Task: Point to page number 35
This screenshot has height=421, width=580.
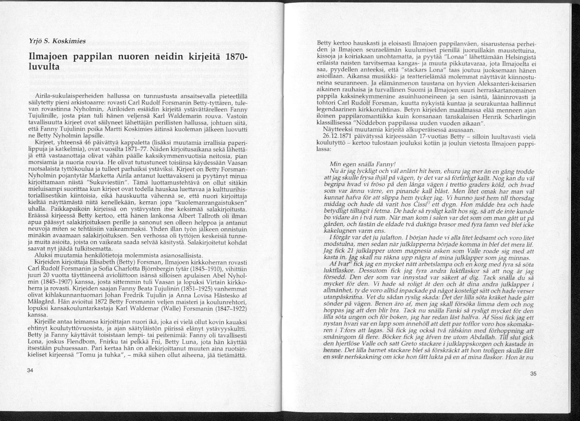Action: coord(534,374)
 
